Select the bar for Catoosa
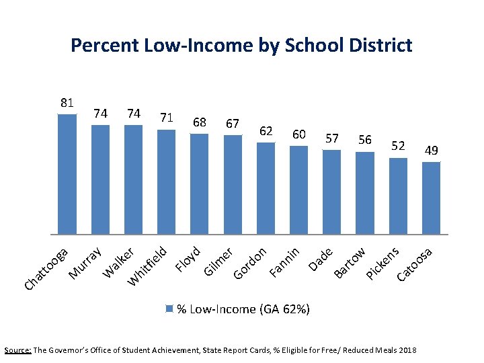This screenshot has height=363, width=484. coord(431,198)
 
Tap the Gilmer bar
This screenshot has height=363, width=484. coord(233,184)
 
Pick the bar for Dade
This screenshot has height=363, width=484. coord(332,192)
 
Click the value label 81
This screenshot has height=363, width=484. coord(67,103)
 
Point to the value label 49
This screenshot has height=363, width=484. coord(431,151)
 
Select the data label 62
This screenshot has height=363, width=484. coord(266,130)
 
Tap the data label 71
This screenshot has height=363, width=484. coord(167,118)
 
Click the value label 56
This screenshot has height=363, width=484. coord(365,139)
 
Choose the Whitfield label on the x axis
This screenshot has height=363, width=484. coord(149,266)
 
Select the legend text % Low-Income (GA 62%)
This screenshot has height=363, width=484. coord(243,309)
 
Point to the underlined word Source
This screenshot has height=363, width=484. coord(17,350)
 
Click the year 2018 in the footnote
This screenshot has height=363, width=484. coord(407,350)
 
